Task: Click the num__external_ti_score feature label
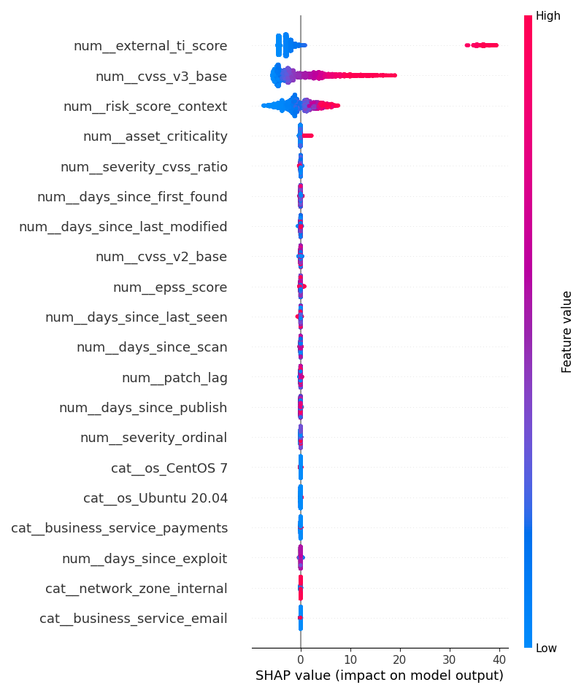[150, 46]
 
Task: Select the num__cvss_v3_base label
[161, 77]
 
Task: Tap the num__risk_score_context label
[145, 107]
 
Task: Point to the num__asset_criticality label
[155, 136]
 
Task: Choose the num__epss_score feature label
[170, 287]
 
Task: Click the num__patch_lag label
[174, 378]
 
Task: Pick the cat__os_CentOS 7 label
[169, 468]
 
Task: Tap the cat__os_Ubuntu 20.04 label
[155, 498]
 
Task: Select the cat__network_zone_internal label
[137, 589]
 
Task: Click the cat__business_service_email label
[134, 619]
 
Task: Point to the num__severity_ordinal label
[154, 438]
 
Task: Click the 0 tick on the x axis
[301, 659]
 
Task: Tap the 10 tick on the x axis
[350, 659]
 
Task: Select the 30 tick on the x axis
[450, 659]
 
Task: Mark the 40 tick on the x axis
[499, 659]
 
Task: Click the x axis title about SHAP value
[380, 676]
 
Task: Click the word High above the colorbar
[547, 16]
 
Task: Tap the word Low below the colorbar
[546, 649]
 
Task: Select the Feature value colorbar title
[567, 332]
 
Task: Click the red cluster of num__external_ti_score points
[483, 45]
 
